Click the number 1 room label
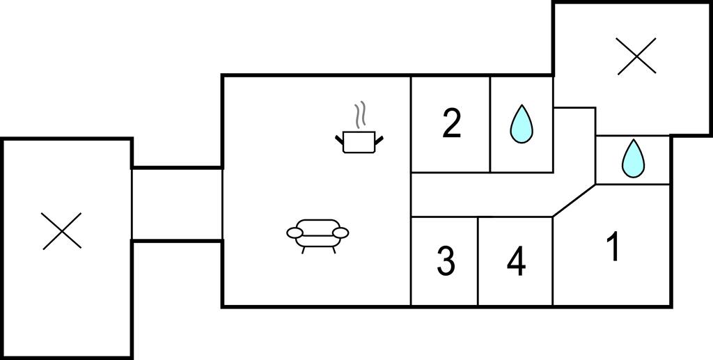613,248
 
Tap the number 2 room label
452,124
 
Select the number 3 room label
446,261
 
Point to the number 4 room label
516,262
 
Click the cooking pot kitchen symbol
359,141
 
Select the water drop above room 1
633,158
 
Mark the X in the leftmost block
62,230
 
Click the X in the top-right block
636,56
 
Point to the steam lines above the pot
359,115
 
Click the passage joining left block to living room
177,204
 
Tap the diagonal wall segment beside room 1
574,201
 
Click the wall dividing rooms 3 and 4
478,261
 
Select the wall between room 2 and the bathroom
491,124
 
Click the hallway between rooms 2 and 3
480,194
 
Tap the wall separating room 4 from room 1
553,261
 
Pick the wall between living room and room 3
411,261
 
